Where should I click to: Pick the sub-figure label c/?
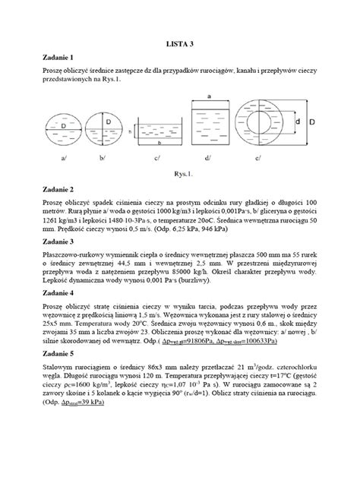coord(156,157)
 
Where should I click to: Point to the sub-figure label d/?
coord(207,157)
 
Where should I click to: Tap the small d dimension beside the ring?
coord(298,122)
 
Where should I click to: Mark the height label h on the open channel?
coord(131,131)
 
